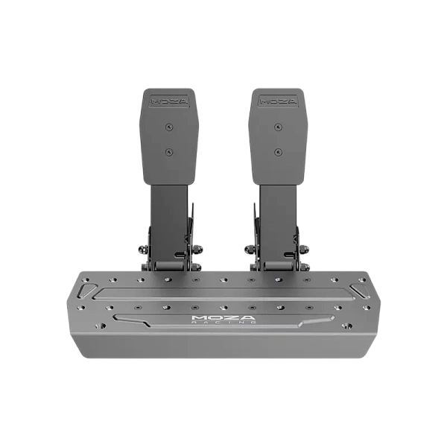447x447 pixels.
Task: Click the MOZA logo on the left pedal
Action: (x=170, y=101)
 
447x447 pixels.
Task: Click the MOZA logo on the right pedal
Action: (x=278, y=101)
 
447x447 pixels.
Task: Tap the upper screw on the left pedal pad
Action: (x=170, y=127)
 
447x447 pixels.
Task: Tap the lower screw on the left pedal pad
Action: (x=170, y=152)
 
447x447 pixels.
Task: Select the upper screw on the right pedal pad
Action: (x=278, y=127)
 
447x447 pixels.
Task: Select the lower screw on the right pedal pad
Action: (x=278, y=152)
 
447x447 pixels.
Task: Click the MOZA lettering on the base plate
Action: (x=223, y=317)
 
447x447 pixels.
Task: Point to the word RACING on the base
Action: (x=223, y=322)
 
